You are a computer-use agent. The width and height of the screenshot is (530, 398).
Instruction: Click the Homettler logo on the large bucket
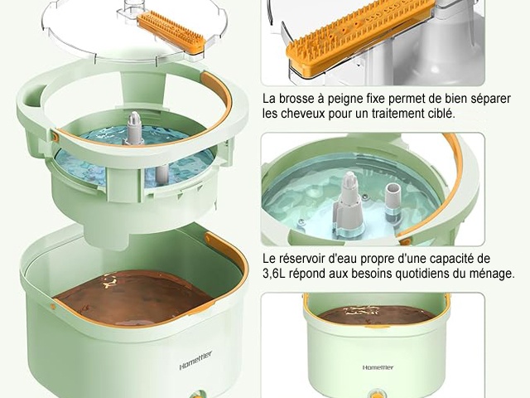coord(195,361)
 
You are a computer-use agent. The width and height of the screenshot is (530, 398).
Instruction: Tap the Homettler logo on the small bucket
coord(378,367)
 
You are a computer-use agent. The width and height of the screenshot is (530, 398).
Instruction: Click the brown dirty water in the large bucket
coord(135,298)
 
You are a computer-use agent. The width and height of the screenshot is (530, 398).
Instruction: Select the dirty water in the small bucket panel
coord(377,315)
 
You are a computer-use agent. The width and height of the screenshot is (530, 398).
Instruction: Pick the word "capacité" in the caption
coord(454,259)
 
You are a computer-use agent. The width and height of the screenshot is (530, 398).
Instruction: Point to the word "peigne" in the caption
coord(346,99)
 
